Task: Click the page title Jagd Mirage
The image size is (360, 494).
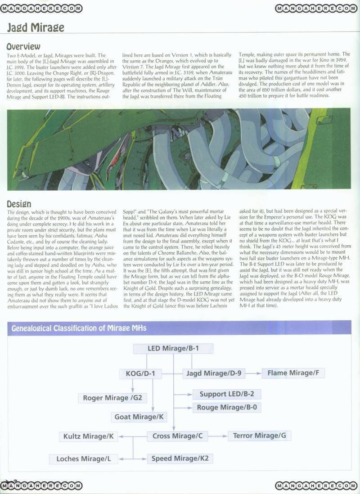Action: [36, 28]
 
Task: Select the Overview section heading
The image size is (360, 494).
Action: [23, 46]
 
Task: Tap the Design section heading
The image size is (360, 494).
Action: [19, 204]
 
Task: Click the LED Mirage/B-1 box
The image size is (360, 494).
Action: [173, 349]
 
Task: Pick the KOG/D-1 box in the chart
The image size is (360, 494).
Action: [140, 373]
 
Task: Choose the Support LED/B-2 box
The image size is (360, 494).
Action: [227, 394]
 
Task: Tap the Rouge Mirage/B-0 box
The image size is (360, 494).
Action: [227, 408]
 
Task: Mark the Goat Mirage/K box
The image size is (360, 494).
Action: [139, 417]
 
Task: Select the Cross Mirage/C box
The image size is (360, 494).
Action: [177, 436]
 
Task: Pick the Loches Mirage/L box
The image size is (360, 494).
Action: [83, 459]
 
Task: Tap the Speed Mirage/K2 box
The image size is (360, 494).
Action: [180, 458]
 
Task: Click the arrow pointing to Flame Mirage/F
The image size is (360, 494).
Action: [255, 373]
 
